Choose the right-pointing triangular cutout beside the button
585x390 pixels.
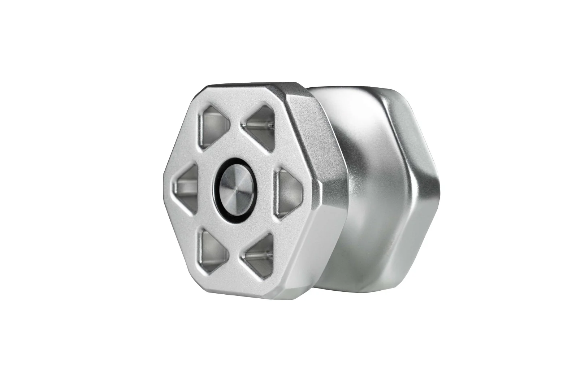[289, 190]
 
